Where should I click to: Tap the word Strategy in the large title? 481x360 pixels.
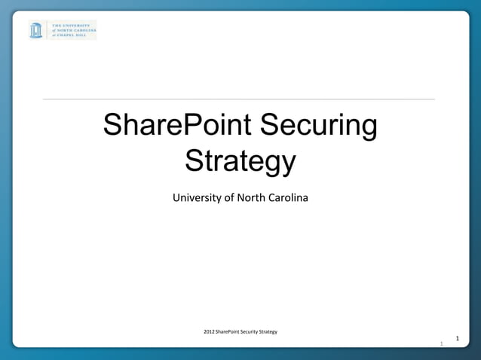click(x=240, y=161)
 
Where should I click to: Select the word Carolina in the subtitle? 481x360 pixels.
click(x=289, y=198)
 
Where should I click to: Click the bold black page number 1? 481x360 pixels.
click(x=457, y=339)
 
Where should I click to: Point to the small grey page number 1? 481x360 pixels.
click(x=442, y=344)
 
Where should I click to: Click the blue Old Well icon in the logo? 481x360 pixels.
click(x=36, y=30)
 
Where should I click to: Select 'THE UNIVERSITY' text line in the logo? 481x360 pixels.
click(x=70, y=25)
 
